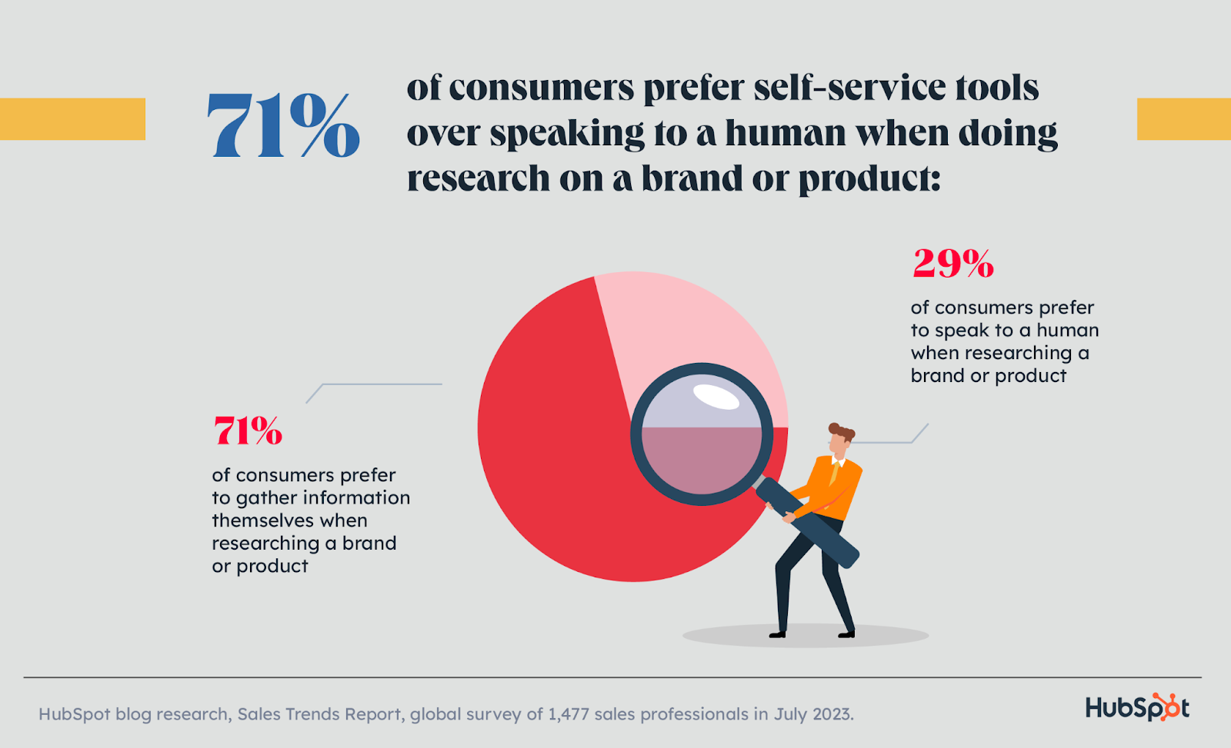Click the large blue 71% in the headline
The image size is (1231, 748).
(x=283, y=125)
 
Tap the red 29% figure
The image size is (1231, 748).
(x=953, y=264)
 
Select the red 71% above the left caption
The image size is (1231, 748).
(x=248, y=431)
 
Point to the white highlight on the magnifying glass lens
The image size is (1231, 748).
(x=716, y=397)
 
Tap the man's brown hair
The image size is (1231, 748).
(x=842, y=431)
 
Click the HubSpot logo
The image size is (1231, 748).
(x=1137, y=707)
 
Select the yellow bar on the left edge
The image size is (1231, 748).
(x=72, y=119)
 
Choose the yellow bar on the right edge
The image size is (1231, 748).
(x=1183, y=119)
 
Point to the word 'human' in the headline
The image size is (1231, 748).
(x=785, y=133)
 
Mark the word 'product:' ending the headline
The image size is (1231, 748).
(x=869, y=179)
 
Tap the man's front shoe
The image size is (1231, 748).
(x=846, y=633)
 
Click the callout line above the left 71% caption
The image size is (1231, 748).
(x=377, y=384)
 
